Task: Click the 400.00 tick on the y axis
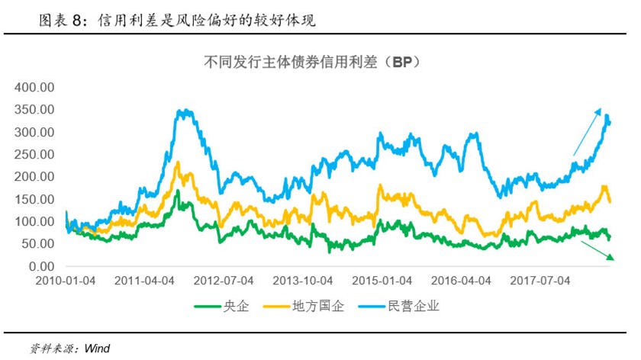tap(35, 88)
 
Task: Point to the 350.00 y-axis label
tap(35, 110)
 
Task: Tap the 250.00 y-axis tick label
tap(35, 155)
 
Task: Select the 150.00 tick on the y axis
tap(35, 199)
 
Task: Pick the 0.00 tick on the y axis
tap(41, 266)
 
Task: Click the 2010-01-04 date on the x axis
tap(66, 281)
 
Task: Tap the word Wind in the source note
tap(97, 349)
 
